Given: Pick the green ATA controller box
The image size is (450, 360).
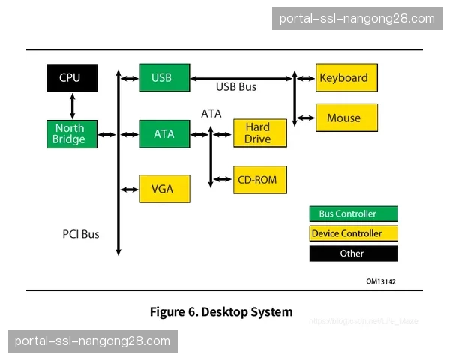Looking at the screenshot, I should [164, 134].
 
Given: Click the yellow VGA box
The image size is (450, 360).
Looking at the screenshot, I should [164, 189].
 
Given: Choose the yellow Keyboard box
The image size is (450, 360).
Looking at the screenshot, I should [346, 77].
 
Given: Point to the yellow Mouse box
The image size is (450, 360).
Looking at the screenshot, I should [346, 118].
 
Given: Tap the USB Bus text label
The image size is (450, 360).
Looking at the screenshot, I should [236, 87].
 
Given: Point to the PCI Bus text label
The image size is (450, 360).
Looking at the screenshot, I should [81, 234].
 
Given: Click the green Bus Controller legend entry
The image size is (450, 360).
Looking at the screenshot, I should [353, 214].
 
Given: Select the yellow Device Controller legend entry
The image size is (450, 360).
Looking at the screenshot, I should [353, 233].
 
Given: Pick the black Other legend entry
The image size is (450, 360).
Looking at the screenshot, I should [353, 253].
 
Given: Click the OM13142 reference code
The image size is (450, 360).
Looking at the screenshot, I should [381, 281].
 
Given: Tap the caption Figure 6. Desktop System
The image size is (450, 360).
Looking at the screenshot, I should [221, 311].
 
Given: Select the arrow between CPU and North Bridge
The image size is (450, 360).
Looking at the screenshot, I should [72, 106].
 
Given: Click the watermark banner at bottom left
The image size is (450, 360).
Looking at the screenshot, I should [92, 341].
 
